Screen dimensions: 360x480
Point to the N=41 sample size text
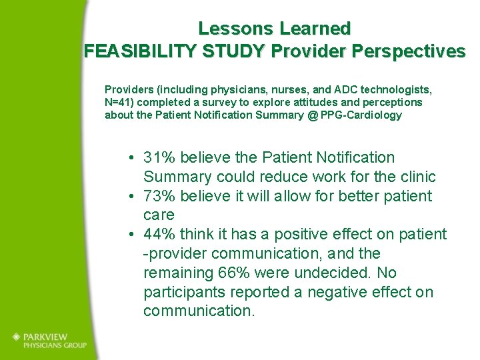pyautogui.click(x=120, y=102)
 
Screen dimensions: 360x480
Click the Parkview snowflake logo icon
pyautogui.click(x=16, y=337)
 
